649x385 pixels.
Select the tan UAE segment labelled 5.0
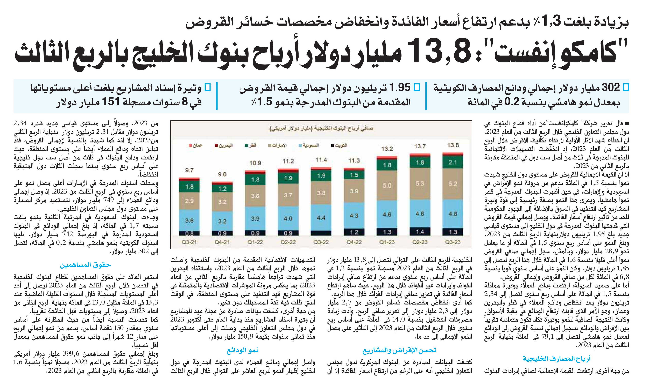387,185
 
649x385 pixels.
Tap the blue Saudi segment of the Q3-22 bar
321,217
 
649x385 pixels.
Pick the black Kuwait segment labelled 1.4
420,231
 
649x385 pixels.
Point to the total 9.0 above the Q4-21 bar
222,174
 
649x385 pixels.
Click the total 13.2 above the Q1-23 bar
387,149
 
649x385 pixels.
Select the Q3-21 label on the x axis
189,242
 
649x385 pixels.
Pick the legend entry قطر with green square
250,145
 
